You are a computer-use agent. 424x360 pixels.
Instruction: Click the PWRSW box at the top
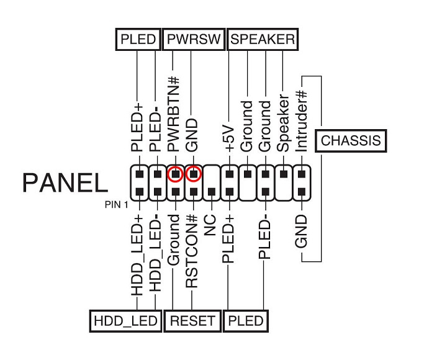click(193, 40)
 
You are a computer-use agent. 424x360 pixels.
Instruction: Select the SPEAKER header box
click(262, 40)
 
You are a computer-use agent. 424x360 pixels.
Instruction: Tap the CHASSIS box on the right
click(350, 141)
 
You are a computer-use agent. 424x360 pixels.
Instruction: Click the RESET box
click(192, 321)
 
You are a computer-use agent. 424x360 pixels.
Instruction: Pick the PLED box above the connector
click(137, 40)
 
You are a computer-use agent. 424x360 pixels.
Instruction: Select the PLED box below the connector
click(246, 321)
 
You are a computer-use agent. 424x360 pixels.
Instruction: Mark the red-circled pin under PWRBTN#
click(175, 174)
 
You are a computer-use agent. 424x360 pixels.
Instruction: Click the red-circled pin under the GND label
click(193, 174)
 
